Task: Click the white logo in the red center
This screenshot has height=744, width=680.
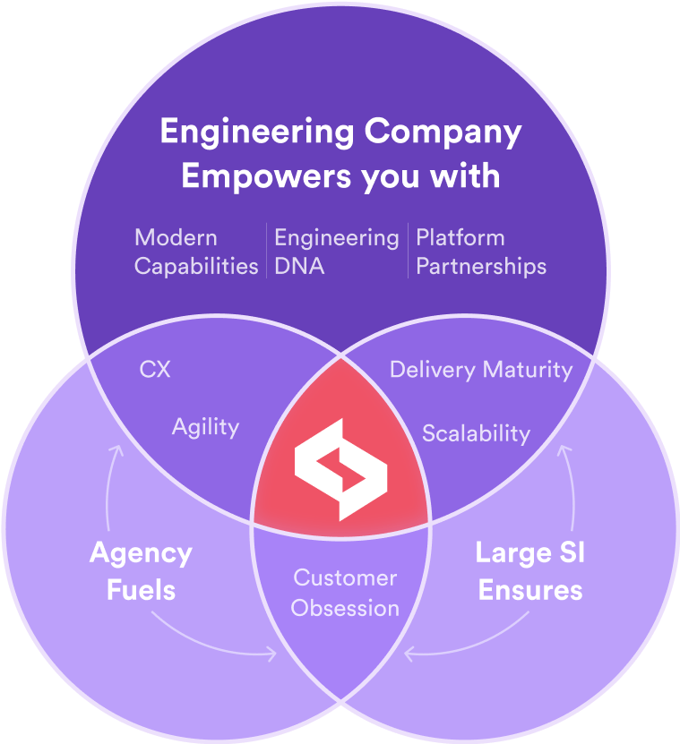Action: (340, 473)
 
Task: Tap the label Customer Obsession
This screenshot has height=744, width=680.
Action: (345, 593)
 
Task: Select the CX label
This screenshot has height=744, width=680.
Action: (155, 369)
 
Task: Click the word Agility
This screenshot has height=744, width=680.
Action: (205, 427)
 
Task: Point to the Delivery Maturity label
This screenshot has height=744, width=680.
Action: (480, 369)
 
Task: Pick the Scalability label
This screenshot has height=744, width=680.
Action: (476, 433)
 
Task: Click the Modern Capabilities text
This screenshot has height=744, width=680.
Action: (196, 252)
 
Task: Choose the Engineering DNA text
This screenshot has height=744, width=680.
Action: (336, 252)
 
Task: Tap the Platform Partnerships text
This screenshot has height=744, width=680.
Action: (480, 252)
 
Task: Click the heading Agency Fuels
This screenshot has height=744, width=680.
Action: (141, 570)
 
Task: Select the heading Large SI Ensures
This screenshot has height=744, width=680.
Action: (529, 570)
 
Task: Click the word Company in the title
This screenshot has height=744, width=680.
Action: (443, 133)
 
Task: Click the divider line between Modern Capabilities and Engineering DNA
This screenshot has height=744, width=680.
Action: (266, 252)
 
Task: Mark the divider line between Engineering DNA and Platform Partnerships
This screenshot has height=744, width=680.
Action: (408, 252)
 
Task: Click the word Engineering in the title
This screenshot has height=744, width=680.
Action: (256, 133)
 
